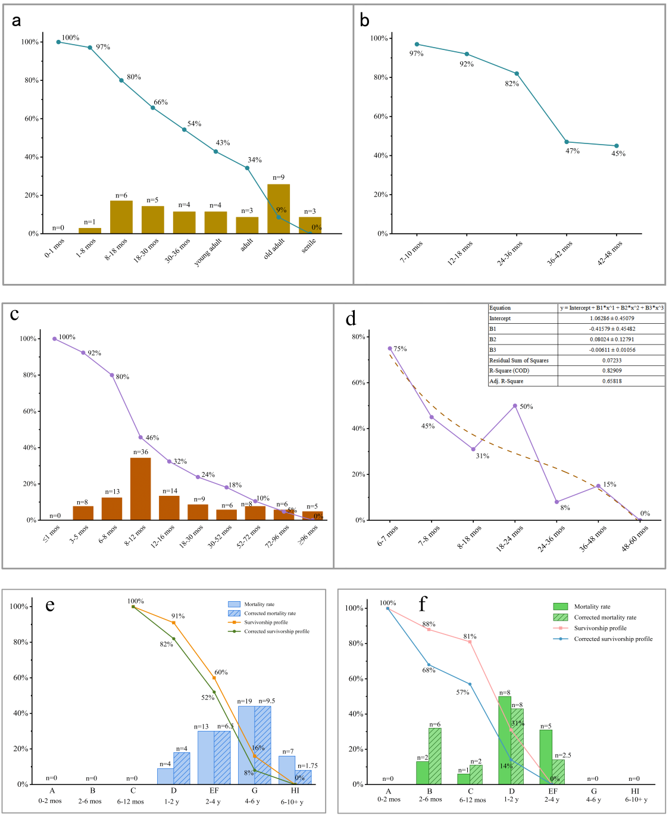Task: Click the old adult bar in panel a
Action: [x=279, y=209]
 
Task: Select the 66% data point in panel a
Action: [x=153, y=108]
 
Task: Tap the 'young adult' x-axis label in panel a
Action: [x=208, y=252]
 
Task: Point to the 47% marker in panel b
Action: [x=567, y=142]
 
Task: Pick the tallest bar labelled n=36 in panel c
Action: [x=140, y=489]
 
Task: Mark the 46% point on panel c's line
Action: [x=141, y=437]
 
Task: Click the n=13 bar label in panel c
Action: [x=112, y=492]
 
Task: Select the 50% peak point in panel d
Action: [x=515, y=406]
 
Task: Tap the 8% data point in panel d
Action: [x=557, y=502]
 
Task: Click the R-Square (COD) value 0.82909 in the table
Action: [x=611, y=371]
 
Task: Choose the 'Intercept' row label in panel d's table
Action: [x=500, y=318]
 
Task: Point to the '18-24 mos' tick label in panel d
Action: [x=510, y=538]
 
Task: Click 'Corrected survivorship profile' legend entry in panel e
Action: [x=276, y=631]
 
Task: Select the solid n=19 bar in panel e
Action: [x=246, y=745]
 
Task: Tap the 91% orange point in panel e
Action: [x=174, y=623]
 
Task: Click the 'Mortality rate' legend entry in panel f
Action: [x=592, y=606]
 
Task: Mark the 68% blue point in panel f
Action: [x=429, y=665]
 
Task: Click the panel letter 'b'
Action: [x=365, y=21]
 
